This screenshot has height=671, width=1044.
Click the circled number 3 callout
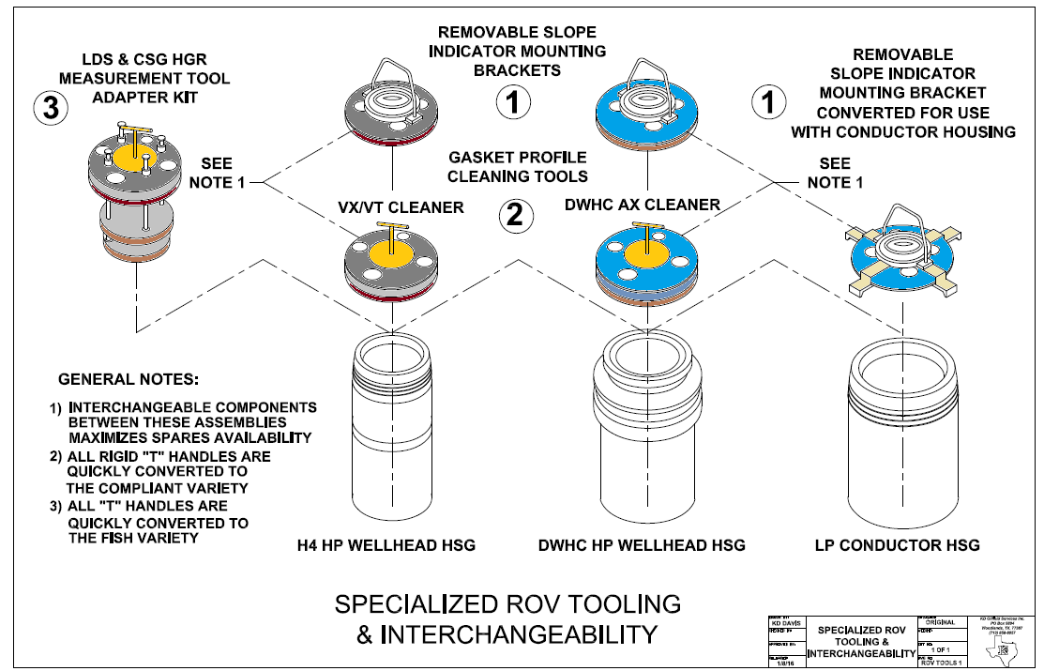[51, 107]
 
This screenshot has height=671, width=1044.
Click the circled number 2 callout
[514, 216]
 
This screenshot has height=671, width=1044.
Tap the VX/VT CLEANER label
[401, 206]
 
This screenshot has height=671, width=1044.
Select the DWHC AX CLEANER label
[643, 204]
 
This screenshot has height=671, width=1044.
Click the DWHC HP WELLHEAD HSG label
[643, 545]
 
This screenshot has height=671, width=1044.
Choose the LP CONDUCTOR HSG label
[898, 545]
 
